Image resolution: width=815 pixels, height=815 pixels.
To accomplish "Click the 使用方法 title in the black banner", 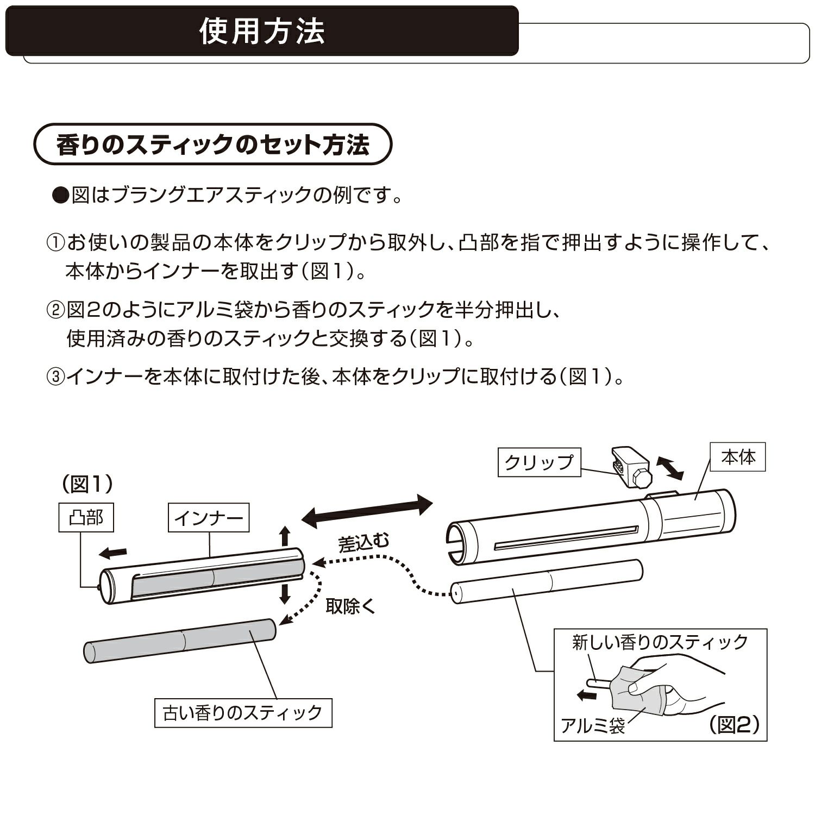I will click(x=262, y=32).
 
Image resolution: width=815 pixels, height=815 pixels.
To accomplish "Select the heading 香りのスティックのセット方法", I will click(x=212, y=145).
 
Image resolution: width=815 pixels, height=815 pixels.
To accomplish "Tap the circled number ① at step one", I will click(x=56, y=242).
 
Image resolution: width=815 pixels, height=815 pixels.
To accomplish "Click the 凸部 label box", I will click(x=86, y=518).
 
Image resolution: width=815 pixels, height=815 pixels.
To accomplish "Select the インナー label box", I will click(x=209, y=518).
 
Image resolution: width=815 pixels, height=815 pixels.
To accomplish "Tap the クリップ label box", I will click(x=539, y=462).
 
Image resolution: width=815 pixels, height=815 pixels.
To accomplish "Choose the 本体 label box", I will click(x=738, y=457).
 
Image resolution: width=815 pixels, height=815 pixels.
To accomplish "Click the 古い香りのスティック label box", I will click(x=243, y=712).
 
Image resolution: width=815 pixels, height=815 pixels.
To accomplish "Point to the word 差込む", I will click(x=363, y=543).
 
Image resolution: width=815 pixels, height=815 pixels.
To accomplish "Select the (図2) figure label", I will click(x=733, y=724).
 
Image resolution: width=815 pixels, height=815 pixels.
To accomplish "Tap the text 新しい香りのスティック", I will click(x=660, y=643).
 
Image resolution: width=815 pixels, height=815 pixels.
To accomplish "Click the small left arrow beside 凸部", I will click(x=114, y=553).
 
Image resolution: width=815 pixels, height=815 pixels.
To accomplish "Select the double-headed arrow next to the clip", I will click(x=669, y=468).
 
